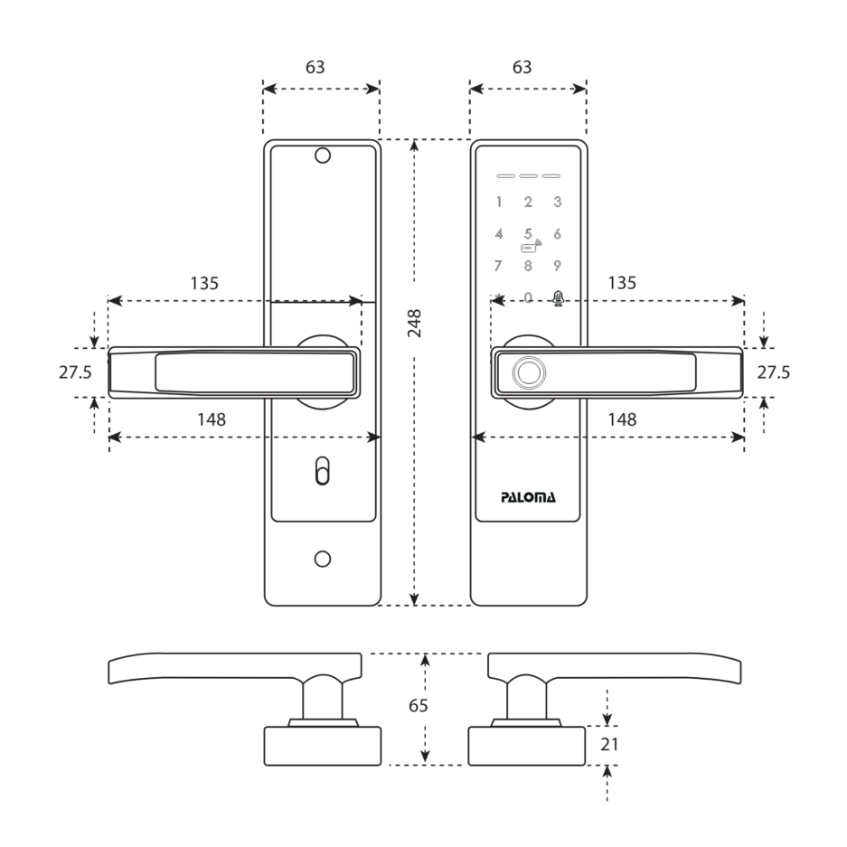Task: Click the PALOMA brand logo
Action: coord(528,497)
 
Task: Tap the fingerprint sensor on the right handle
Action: coord(529,372)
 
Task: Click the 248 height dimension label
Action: coord(414,324)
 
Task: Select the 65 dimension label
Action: coord(419,705)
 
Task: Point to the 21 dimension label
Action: coord(609,744)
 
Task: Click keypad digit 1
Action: coord(499,202)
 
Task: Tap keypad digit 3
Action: coord(558,202)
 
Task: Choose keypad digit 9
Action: coord(557,266)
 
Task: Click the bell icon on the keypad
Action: coord(558,298)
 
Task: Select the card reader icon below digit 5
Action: coord(531,246)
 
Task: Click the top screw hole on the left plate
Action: coord(323,155)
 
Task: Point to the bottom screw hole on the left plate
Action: coord(323,559)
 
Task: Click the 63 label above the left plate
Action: coord(315,67)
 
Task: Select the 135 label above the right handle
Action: coord(622,283)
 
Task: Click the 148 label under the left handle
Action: coord(212,419)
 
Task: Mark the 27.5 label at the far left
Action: coord(75,372)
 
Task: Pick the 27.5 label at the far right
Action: coord(774,372)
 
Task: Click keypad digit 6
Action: coord(558,234)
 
